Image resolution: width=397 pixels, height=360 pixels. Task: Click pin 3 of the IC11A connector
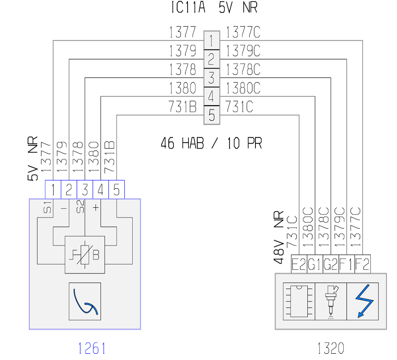coord(211,78)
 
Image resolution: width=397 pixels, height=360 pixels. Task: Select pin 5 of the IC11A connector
coord(211,115)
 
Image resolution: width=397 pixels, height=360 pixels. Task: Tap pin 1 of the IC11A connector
coord(211,41)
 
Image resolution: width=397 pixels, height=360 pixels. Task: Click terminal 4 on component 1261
coord(101,190)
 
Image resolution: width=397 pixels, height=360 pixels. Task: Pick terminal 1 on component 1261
coord(53,190)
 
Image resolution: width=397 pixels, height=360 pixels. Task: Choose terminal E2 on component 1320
coord(299,264)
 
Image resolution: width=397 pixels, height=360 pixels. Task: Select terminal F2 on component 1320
coord(363,264)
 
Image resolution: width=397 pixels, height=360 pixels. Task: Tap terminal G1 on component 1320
coord(315,264)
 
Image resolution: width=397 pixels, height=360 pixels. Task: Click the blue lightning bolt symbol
coord(364,301)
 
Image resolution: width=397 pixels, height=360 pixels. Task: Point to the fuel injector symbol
coord(331,302)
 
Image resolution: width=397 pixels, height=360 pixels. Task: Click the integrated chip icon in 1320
coord(299,301)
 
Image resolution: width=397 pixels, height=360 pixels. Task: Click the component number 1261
coord(92,348)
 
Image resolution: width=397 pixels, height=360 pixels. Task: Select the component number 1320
coord(331,348)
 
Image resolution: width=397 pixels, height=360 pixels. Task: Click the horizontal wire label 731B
coord(182,106)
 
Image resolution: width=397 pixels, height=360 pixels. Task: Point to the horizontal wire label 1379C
coord(243,51)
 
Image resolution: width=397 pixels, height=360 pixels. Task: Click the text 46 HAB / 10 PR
coord(211,143)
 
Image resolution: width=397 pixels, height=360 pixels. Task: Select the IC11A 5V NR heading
coord(214,7)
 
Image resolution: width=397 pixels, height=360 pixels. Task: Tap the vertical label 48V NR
coord(279,237)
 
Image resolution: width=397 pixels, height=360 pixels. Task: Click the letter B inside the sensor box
coord(96,255)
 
